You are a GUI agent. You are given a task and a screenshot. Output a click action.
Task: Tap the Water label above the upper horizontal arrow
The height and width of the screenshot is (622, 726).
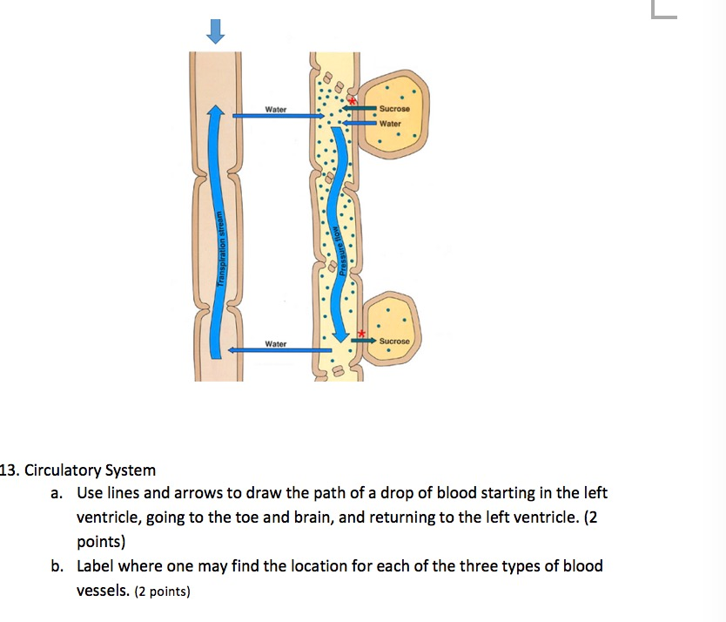[276, 110]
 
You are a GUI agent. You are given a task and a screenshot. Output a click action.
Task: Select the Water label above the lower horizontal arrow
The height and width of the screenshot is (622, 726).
[276, 344]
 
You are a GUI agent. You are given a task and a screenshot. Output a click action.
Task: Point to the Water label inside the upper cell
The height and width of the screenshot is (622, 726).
[391, 123]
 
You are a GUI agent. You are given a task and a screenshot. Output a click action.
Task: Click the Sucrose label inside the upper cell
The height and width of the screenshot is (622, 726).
[394, 109]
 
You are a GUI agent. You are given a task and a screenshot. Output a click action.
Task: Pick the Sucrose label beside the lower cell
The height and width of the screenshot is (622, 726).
[394, 341]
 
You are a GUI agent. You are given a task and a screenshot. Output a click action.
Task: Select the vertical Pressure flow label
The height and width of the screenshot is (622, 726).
[343, 252]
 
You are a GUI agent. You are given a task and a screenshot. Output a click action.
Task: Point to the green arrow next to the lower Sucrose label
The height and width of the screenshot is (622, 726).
[364, 340]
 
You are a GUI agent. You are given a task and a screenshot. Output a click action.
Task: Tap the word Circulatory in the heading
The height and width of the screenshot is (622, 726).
[64, 471]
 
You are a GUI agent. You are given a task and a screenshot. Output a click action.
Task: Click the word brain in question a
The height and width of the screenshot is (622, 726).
[309, 517]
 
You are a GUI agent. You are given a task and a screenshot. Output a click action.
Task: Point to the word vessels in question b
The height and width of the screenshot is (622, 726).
[102, 591]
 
